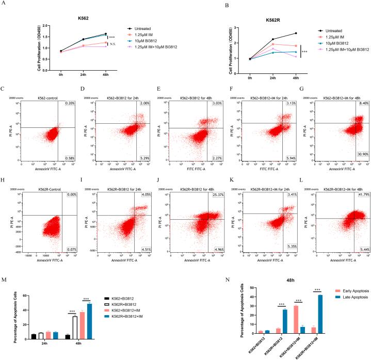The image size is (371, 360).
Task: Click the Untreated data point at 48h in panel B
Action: pyautogui.click(x=296, y=33)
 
